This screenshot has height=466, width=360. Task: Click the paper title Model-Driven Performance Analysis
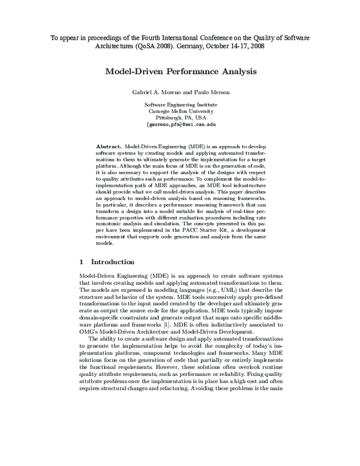[181, 71]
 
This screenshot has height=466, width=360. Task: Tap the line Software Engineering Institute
[180, 104]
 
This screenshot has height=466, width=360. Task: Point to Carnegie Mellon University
[180, 112]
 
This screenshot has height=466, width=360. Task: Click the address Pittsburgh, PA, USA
[180, 119]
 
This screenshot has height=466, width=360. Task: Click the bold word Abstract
[109, 147]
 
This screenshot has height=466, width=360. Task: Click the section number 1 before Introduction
[82, 262]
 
